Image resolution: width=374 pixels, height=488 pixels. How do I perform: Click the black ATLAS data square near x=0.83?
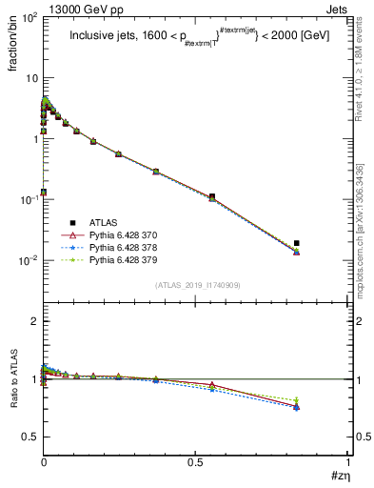pos(297,243)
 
